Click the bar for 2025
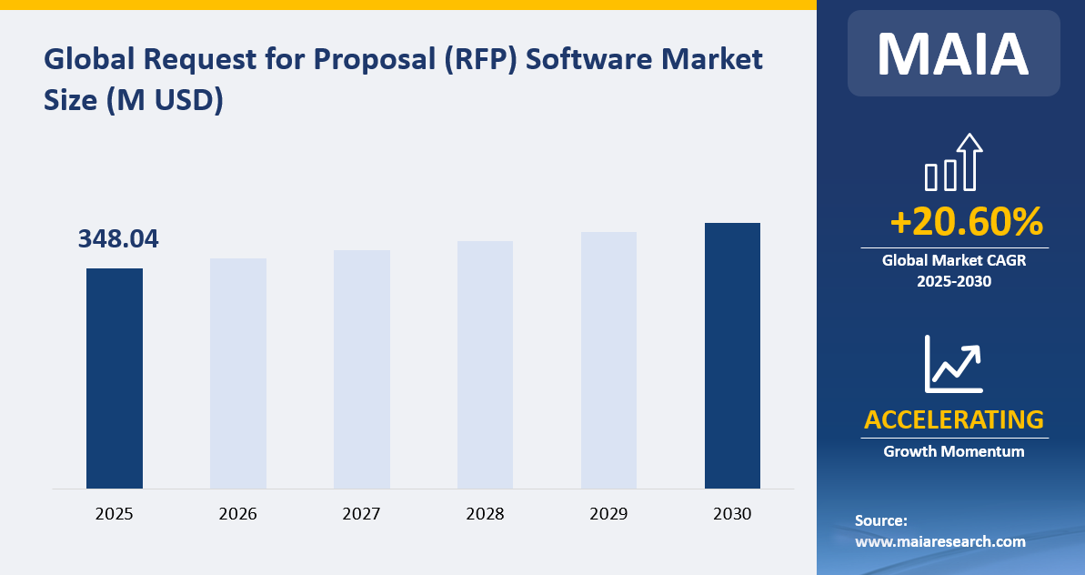click(x=115, y=378)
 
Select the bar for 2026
click(x=238, y=373)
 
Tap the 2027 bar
click(x=362, y=369)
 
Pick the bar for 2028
click(x=485, y=365)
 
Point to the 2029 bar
click(x=608, y=360)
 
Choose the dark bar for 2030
click(x=732, y=356)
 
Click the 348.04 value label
click(x=118, y=239)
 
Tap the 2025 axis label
click(x=115, y=514)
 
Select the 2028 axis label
click(x=485, y=514)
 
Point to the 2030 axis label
click(x=732, y=514)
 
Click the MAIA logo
click(x=953, y=54)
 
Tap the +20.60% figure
click(x=966, y=222)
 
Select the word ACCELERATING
click(x=953, y=420)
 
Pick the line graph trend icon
click(x=953, y=363)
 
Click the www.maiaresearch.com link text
click(x=940, y=541)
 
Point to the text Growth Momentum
click(x=953, y=451)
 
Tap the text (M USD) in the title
click(x=165, y=100)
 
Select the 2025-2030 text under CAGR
click(x=953, y=281)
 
